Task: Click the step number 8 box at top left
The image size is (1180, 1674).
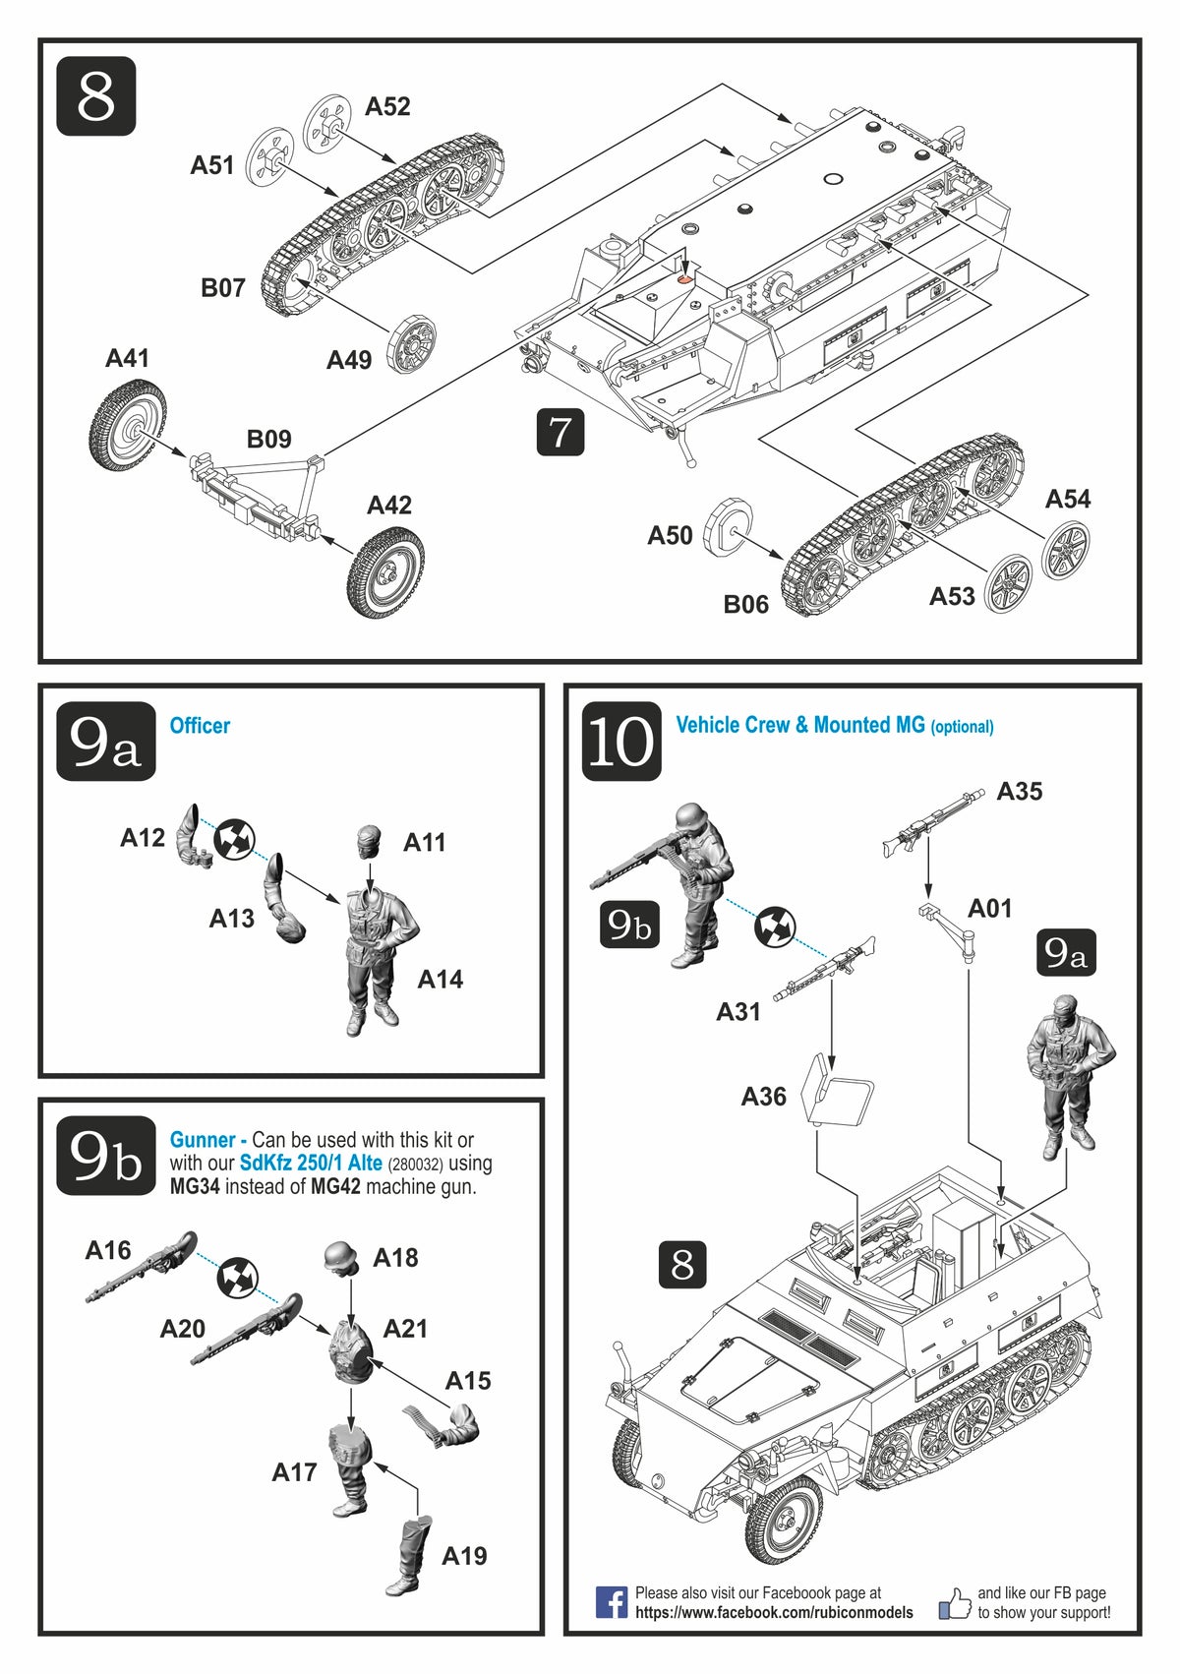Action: [x=95, y=96]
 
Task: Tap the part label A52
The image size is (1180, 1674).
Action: [x=387, y=106]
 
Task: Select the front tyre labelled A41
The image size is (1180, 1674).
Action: [x=128, y=426]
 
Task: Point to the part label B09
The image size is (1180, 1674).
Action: [x=268, y=439]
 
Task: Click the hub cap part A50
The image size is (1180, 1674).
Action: [x=730, y=525]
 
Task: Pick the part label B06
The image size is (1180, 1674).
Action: [x=745, y=604]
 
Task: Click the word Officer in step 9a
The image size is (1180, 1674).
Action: [x=200, y=726]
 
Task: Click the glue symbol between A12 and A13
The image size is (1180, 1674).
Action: [x=234, y=839]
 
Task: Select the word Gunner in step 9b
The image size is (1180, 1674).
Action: [x=203, y=1140]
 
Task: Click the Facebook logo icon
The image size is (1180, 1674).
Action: [x=611, y=1602]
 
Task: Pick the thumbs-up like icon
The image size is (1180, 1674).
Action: [x=954, y=1603]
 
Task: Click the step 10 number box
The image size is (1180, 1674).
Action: [x=621, y=742]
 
